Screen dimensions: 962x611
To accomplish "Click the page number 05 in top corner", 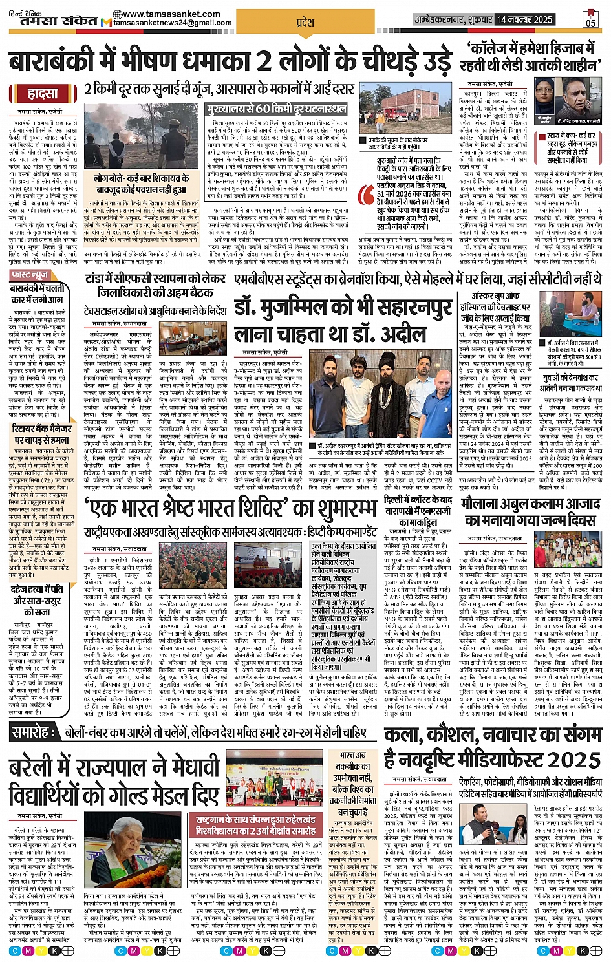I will (x=590, y=19).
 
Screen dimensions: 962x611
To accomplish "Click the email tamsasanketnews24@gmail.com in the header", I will (x=172, y=23).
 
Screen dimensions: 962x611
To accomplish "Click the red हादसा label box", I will (x=43, y=94).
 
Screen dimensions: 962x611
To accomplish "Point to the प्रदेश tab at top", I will (x=305, y=23).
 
